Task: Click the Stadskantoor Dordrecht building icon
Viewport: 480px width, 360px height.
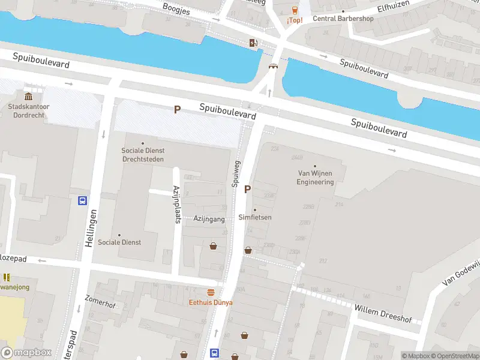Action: tap(28, 97)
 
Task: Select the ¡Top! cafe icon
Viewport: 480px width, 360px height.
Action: tap(295, 10)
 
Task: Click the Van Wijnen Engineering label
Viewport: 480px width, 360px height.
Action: tap(315, 178)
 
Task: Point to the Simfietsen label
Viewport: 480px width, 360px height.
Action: tap(255, 217)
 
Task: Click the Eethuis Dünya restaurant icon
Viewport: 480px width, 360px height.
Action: tap(211, 292)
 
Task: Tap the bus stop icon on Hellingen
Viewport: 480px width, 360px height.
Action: tap(83, 201)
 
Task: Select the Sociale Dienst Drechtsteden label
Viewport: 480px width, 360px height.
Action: tap(143, 155)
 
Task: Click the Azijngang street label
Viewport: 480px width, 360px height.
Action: tap(209, 219)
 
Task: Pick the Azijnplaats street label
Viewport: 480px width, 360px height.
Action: tap(177, 204)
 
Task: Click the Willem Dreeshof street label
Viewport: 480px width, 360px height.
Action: tap(383, 311)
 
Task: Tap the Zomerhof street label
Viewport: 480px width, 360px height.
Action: tap(100, 301)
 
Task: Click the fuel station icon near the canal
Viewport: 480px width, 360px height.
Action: tap(254, 43)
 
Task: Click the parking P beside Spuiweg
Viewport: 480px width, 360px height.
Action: tap(247, 189)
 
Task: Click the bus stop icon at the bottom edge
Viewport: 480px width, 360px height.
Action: tap(214, 353)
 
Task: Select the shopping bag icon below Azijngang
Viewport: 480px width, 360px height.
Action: tap(213, 246)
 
